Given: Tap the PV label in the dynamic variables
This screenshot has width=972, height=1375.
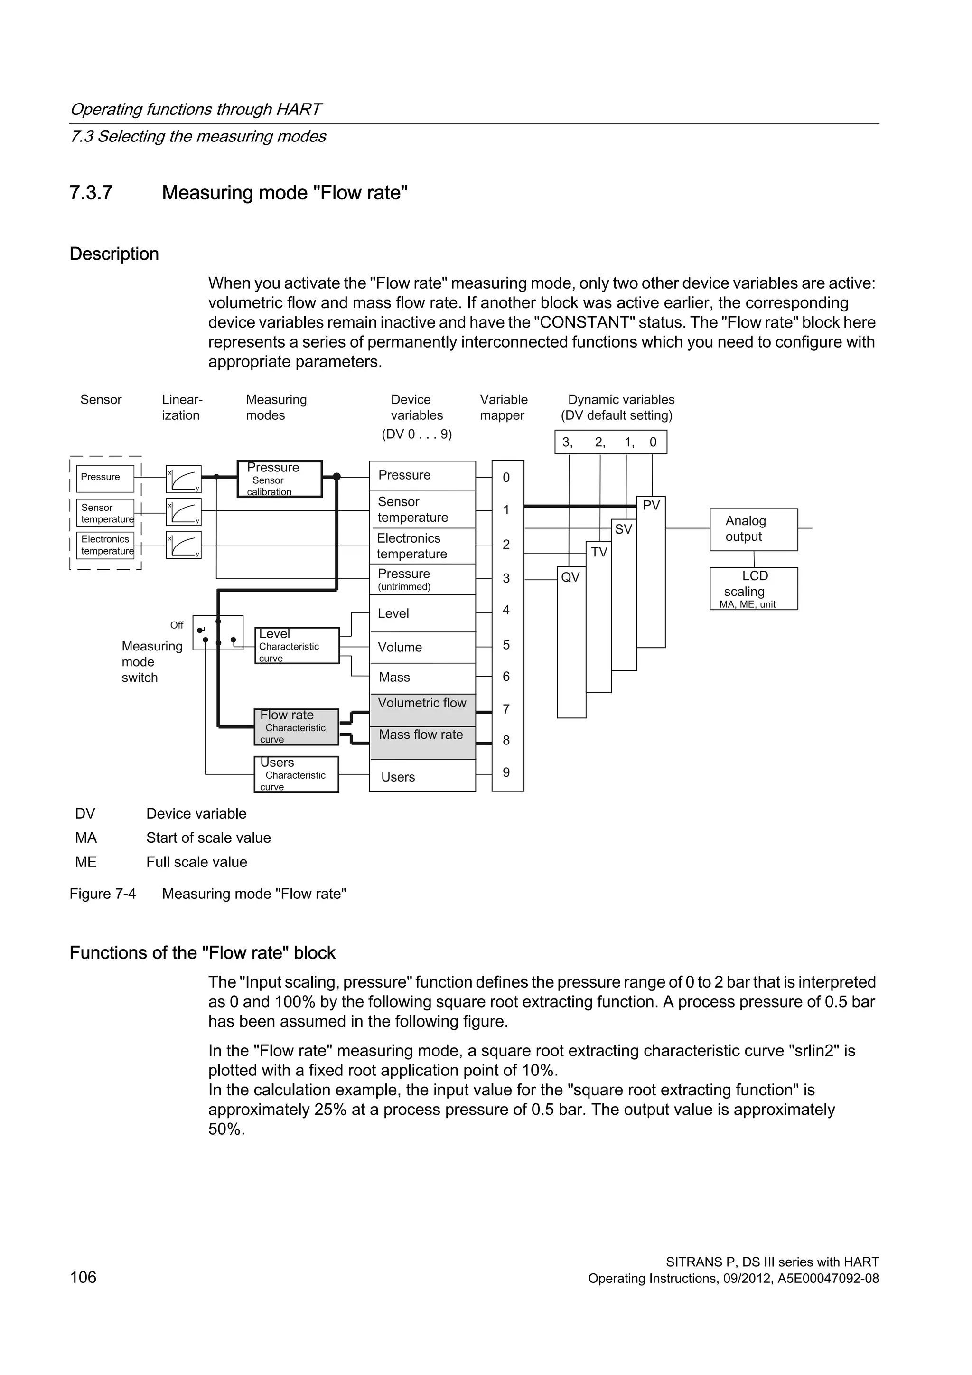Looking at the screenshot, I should click(651, 506).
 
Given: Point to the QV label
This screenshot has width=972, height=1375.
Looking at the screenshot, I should click(570, 577).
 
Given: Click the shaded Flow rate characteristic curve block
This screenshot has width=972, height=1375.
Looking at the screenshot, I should click(296, 726).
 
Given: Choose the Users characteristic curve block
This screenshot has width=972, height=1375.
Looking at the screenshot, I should click(296, 774).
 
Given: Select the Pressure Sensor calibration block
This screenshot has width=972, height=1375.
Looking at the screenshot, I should click(280, 479).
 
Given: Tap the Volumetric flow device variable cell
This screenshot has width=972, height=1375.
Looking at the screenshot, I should click(422, 703).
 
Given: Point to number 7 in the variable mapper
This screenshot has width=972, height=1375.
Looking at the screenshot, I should click(506, 709).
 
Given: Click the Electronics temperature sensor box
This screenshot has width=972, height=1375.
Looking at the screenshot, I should click(105, 545).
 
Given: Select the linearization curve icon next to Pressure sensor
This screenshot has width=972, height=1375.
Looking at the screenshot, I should click(183, 479).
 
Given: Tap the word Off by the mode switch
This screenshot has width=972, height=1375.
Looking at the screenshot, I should click(177, 625).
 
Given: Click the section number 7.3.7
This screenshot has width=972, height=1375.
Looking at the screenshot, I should click(91, 193).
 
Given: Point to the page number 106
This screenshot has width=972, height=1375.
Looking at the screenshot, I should click(83, 1277).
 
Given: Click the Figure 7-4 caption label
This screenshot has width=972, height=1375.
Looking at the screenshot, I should click(103, 894).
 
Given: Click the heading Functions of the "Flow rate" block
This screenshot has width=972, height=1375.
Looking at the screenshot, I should click(202, 953).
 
